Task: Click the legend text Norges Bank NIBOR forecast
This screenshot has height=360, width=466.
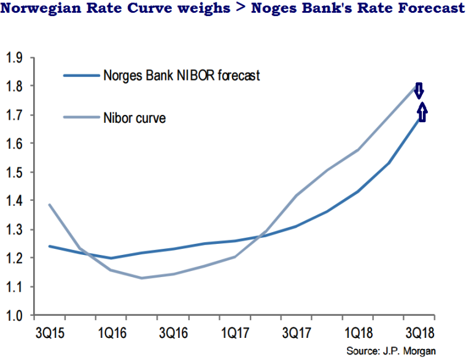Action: [x=182, y=76]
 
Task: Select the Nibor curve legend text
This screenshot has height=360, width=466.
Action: [x=135, y=117]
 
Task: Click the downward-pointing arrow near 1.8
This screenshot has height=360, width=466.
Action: [x=419, y=91]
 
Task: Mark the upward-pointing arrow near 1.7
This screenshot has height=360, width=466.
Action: [x=422, y=111]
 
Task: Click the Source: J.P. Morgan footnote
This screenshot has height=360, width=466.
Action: [x=392, y=351]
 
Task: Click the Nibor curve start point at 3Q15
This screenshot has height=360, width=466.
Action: [x=49, y=205]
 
